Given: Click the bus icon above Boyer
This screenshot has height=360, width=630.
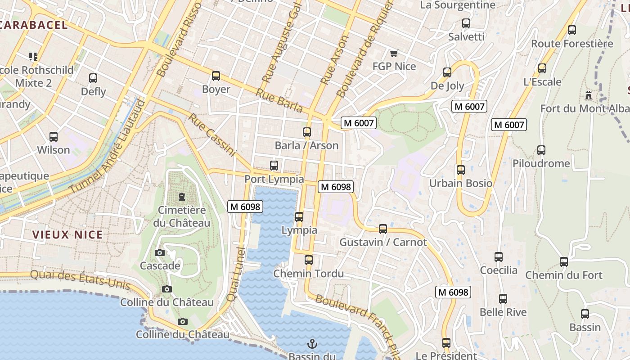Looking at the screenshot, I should tap(216, 76).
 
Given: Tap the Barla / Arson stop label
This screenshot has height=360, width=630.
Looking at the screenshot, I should tap(306, 145).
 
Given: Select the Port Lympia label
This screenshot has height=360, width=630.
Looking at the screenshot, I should tap(274, 179).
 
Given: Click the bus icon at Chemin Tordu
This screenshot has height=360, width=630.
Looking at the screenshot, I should tap(308, 260).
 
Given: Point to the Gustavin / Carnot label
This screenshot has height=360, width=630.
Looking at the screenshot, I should tap(383, 242).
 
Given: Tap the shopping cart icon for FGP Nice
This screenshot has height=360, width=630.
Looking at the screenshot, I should tap(394, 54).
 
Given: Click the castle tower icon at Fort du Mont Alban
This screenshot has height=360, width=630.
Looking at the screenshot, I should tap(588, 95).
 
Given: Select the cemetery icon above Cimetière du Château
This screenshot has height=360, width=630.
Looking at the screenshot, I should tap(182, 197).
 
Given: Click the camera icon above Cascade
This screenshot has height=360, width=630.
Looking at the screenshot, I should tap(159, 252).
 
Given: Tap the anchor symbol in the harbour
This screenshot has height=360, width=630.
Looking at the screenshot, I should tap(312, 344).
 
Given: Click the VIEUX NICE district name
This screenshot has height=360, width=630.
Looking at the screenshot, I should tap(67, 234).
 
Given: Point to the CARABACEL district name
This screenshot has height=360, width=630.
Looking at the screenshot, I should tap(34, 25).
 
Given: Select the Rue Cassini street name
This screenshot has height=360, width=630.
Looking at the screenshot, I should tap(212, 135).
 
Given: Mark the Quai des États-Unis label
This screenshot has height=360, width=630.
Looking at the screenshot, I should tap(80, 280).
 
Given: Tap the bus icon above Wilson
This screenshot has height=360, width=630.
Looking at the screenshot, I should tap(54, 136).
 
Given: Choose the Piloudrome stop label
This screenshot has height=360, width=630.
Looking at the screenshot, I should tap(541, 163).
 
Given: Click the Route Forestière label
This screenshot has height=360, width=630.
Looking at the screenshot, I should tap(572, 44).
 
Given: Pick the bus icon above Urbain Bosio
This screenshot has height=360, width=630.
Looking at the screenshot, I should tap(460, 170).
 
